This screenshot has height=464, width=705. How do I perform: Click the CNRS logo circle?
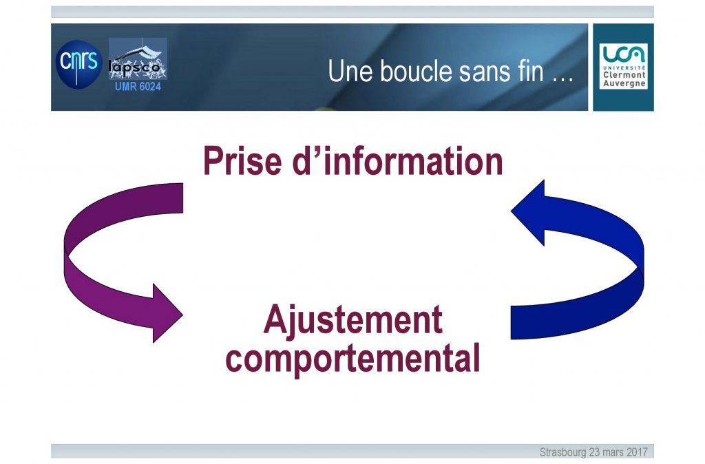coord(78,64)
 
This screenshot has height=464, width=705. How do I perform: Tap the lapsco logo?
coord(138,59)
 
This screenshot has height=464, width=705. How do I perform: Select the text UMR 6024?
coord(138,86)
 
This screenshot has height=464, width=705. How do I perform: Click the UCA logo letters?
coord(624,54)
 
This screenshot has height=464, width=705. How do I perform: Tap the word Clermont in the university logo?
coord(624,75)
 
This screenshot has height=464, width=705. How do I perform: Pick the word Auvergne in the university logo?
coord(624,83)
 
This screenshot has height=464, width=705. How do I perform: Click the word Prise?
coord(242,160)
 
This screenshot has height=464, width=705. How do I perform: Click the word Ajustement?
coord(353,319)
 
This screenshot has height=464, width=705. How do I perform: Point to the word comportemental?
coord(353,359)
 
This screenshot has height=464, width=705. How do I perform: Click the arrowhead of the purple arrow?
coord(167,313)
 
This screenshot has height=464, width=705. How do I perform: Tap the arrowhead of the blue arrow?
coord(528,212)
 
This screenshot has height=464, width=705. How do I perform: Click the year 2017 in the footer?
coord(637,452)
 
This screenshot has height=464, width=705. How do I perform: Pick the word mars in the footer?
coord(613,452)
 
